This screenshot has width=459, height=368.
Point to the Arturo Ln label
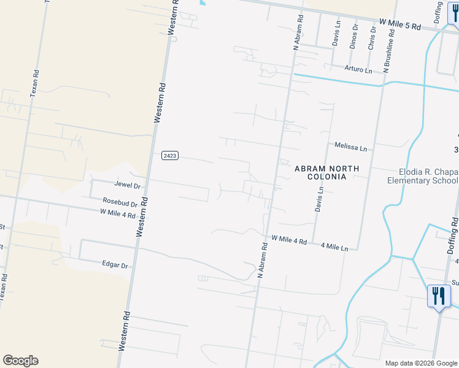pos(358,70)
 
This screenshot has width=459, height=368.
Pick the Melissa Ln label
pos(350,147)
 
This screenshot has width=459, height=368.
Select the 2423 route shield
pos(170,156)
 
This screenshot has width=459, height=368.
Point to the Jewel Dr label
pos(128,185)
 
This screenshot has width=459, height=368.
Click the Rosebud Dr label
pos(120,202)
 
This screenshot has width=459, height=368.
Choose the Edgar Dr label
pos(115,265)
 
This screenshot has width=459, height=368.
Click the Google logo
pos(20,361)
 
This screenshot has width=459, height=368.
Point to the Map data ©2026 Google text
pos(420,363)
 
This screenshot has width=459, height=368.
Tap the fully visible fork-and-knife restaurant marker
pos(438,296)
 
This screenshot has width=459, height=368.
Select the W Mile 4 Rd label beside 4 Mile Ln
pos(288,240)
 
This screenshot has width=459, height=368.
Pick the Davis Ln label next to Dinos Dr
pos(336,35)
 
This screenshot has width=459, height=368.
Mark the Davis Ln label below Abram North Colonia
pos(319,199)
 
